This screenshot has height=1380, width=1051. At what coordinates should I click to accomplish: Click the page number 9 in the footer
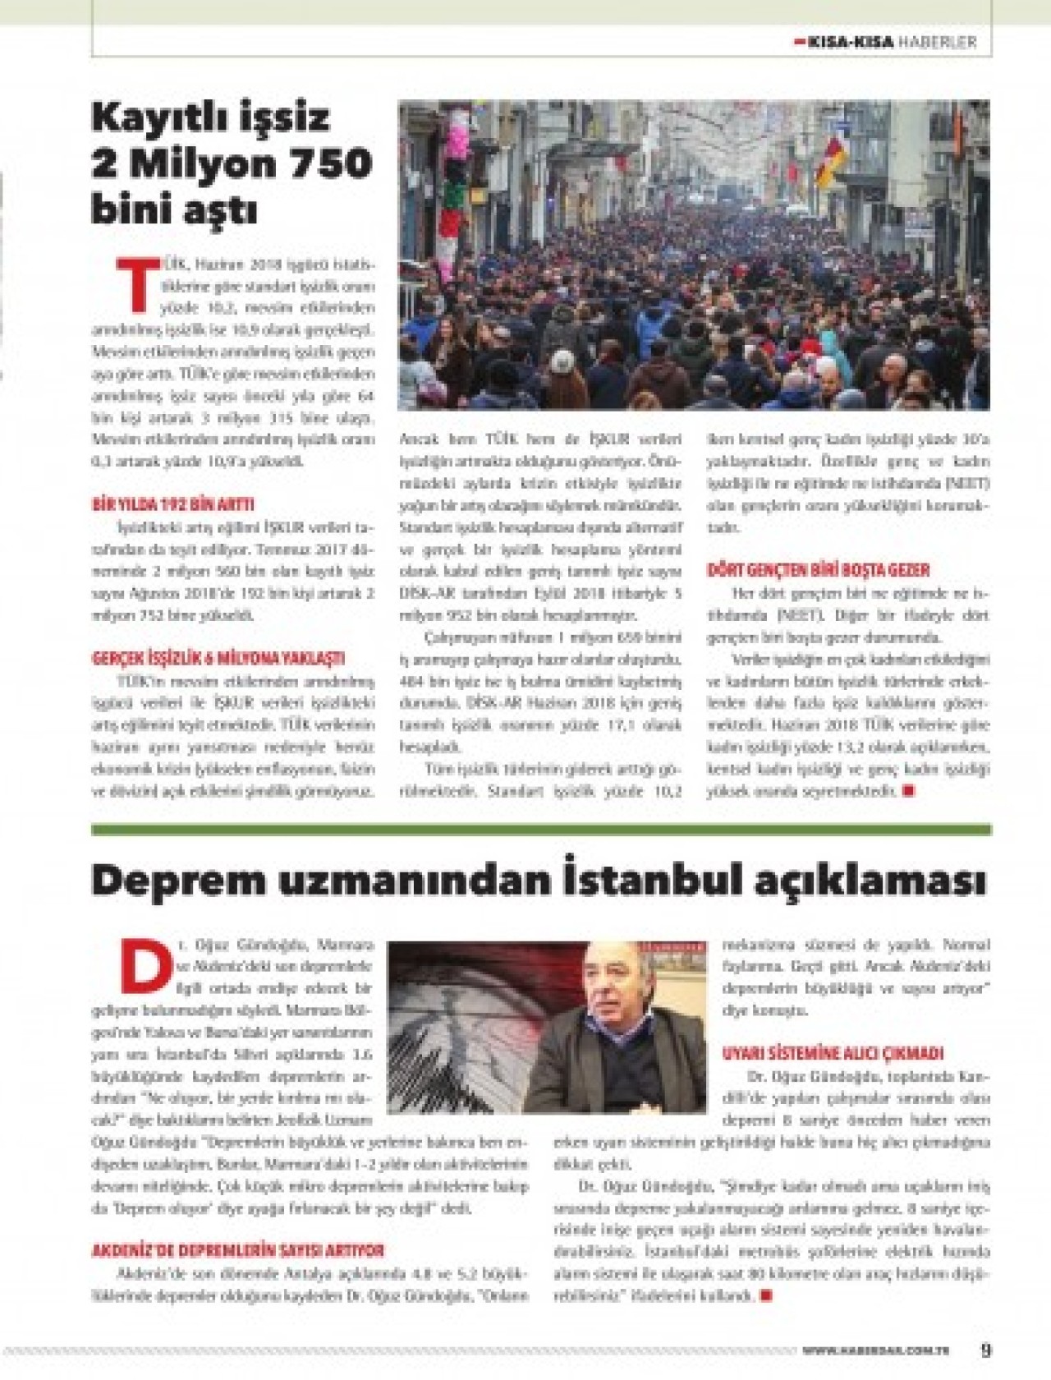pyautogui.click(x=986, y=1350)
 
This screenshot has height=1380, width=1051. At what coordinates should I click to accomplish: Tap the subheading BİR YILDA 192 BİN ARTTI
pyautogui.click(x=172, y=505)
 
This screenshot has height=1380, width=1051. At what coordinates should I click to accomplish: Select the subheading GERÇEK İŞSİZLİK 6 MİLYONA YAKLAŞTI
pyautogui.click(x=217, y=659)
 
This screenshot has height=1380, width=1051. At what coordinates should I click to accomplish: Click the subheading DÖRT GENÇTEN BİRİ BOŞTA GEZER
pyautogui.click(x=819, y=570)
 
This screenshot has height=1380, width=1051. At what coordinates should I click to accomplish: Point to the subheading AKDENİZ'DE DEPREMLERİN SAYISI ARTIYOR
pyautogui.click(x=237, y=1251)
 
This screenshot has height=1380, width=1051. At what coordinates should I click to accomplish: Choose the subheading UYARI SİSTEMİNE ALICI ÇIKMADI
pyautogui.click(x=833, y=1053)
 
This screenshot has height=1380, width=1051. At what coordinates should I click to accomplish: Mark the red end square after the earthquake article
pyautogui.click(x=766, y=1295)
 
